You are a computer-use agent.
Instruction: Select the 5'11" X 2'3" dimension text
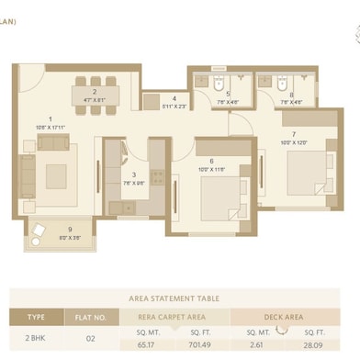(x=174, y=107)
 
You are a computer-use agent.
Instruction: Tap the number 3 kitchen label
(x=134, y=174)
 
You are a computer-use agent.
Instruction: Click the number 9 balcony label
(x=70, y=230)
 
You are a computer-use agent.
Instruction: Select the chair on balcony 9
(x=39, y=231)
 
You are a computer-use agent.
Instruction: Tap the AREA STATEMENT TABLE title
(x=179, y=298)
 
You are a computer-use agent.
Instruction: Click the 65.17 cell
(x=146, y=346)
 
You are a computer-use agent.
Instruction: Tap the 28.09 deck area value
(x=313, y=346)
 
